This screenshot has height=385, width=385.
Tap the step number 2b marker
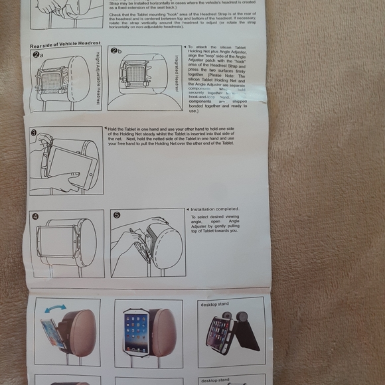tap(116, 51)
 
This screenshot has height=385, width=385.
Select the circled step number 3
tap(33, 132)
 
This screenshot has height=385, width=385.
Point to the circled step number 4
tap(35, 216)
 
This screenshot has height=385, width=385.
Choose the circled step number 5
tap(116, 215)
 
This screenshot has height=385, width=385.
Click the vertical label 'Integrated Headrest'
tap(177, 73)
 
